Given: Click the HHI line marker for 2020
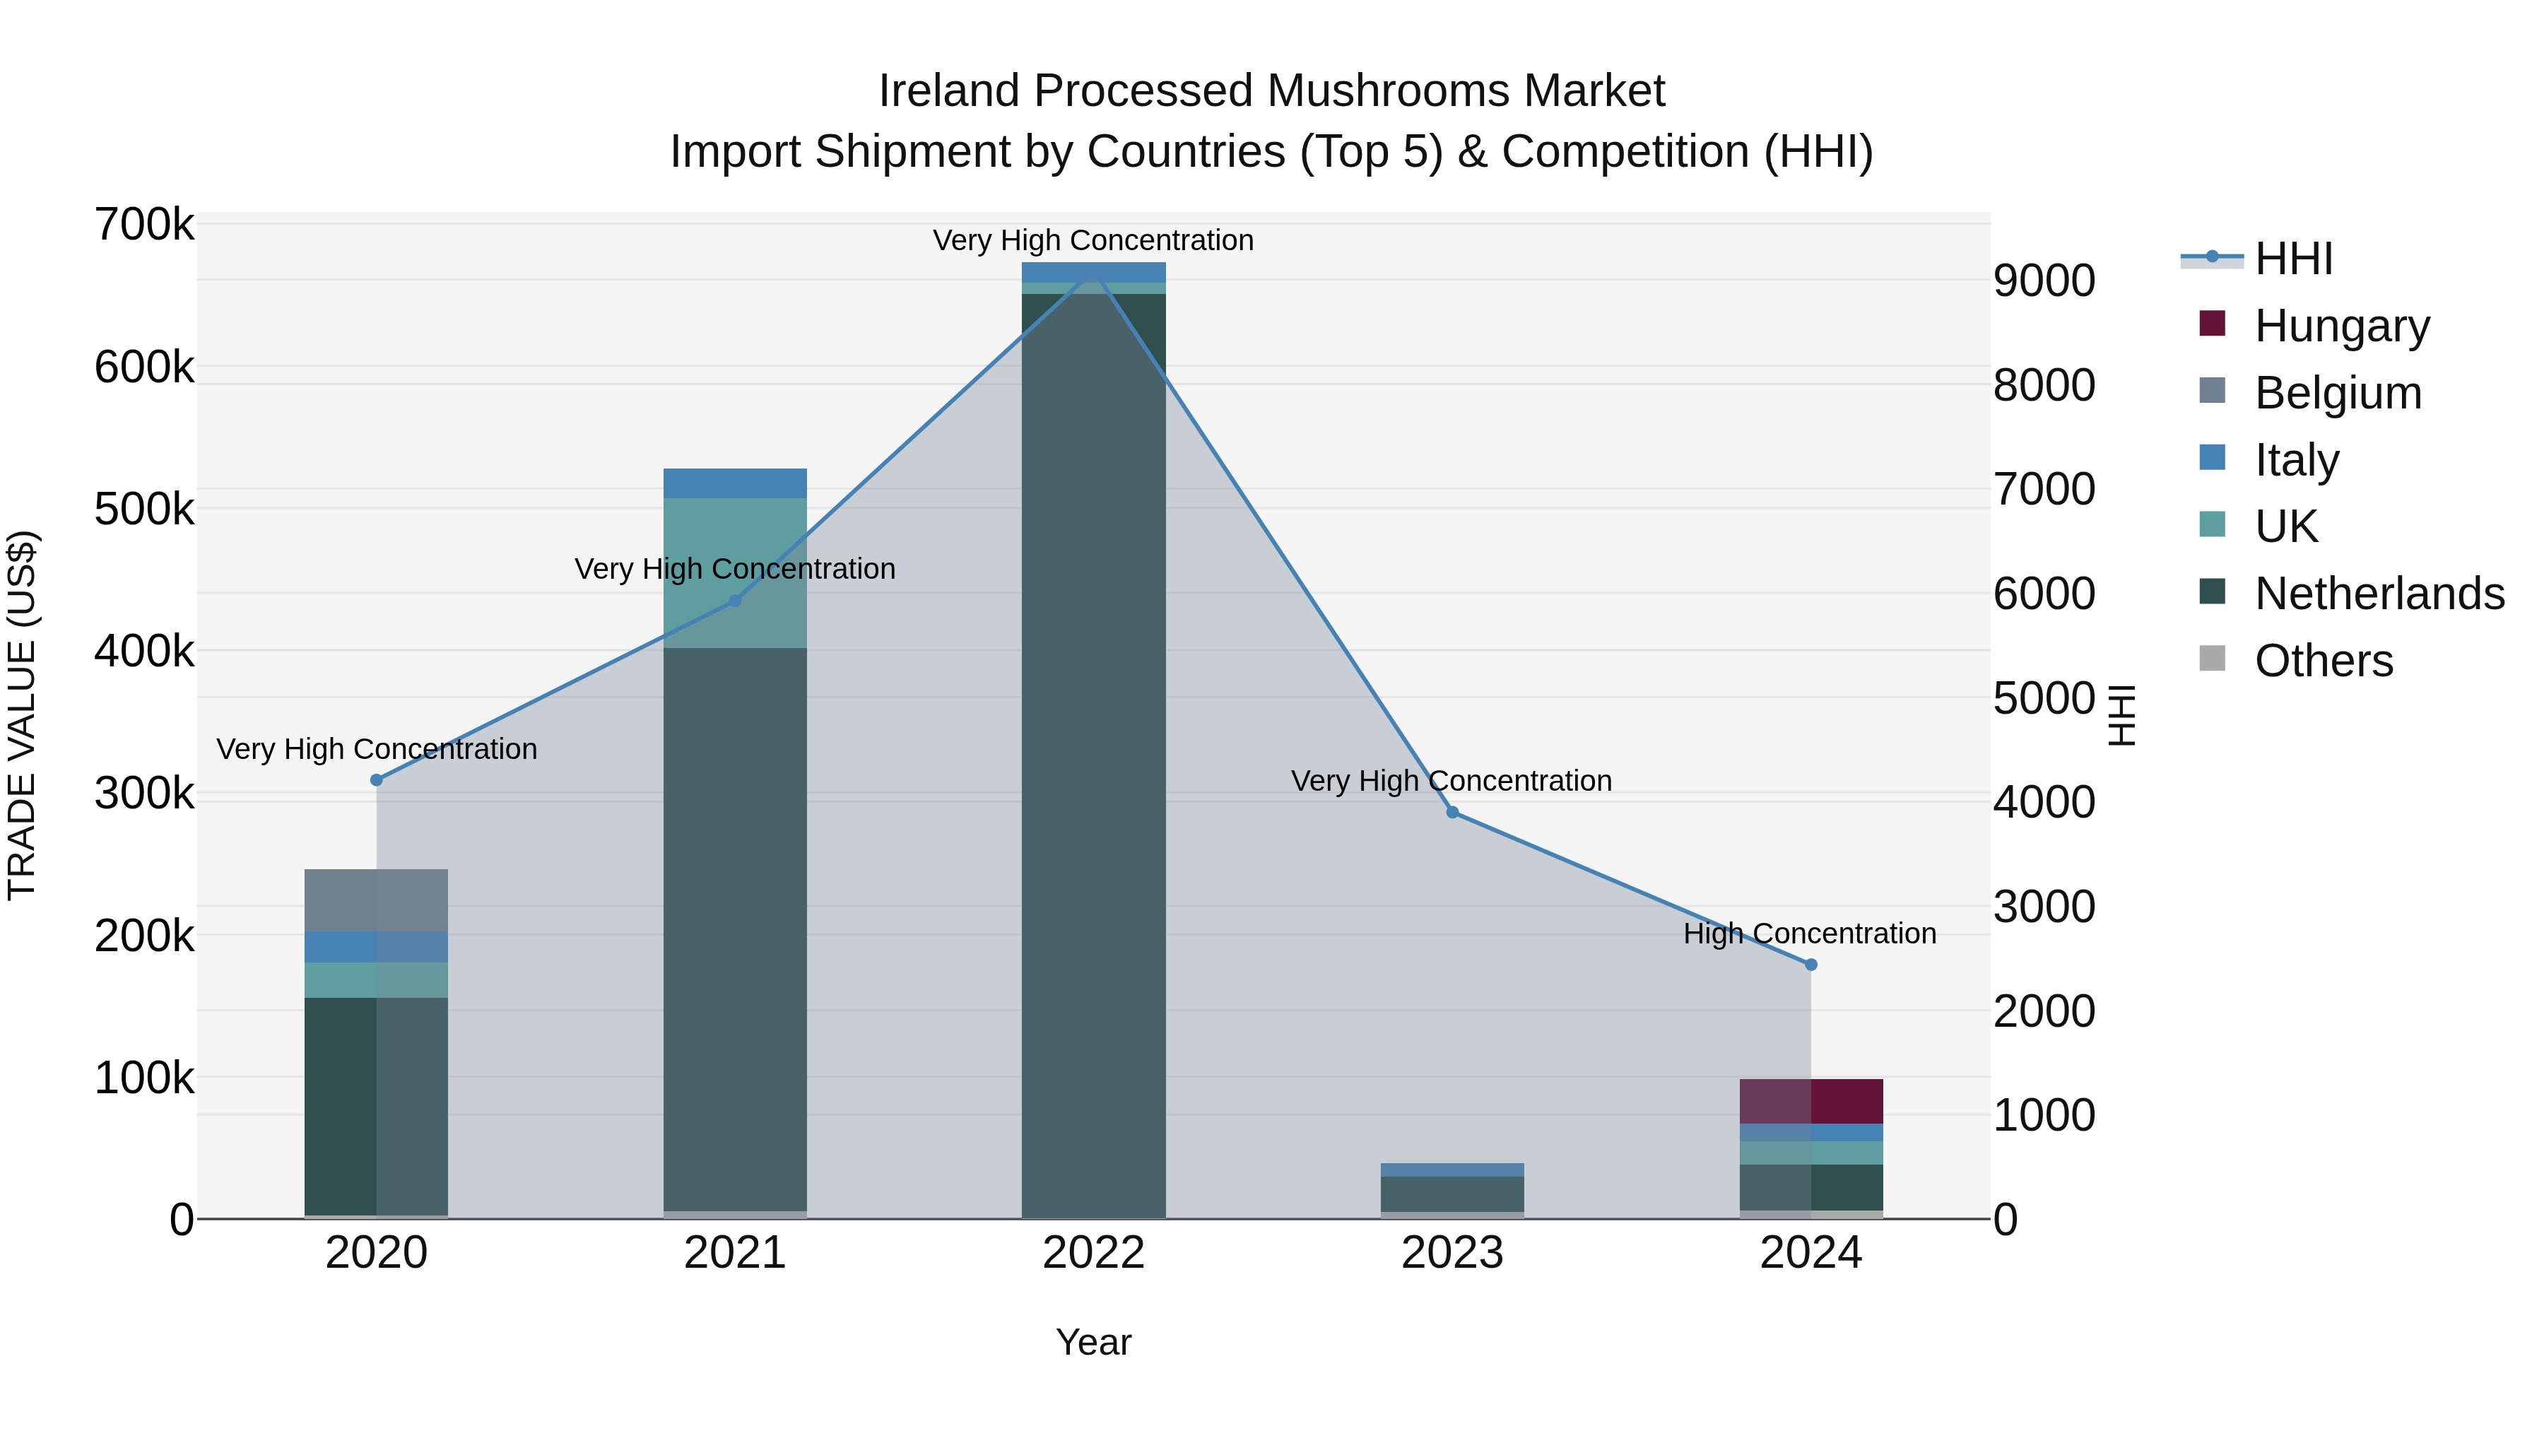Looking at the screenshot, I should [376, 780].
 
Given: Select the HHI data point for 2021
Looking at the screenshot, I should [735, 601].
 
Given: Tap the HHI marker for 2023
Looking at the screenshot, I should [1451, 812].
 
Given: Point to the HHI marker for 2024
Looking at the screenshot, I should [1810, 965].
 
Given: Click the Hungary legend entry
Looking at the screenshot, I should [2340, 326].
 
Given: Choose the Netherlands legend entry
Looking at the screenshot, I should [2378, 594].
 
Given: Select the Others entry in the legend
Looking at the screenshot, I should [2323, 661].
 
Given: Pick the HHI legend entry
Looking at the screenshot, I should [2293, 259].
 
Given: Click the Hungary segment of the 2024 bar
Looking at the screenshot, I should [1810, 1101].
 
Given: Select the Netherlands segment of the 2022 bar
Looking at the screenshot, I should [1093, 750].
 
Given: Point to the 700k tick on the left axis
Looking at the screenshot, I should [144, 225].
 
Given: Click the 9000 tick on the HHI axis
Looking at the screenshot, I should [2043, 281].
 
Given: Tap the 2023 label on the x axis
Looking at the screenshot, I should [1451, 1253].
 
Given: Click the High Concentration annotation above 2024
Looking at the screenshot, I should [1809, 934].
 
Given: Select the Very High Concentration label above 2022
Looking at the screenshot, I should [1093, 240].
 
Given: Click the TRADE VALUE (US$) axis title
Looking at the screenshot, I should [22, 715].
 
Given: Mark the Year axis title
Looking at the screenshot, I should [1093, 1342].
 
